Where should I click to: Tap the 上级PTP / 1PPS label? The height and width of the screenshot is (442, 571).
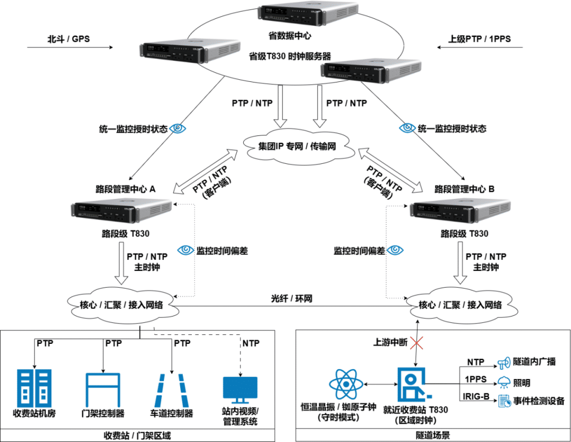480,39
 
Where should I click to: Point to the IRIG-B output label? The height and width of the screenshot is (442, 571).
476,396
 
